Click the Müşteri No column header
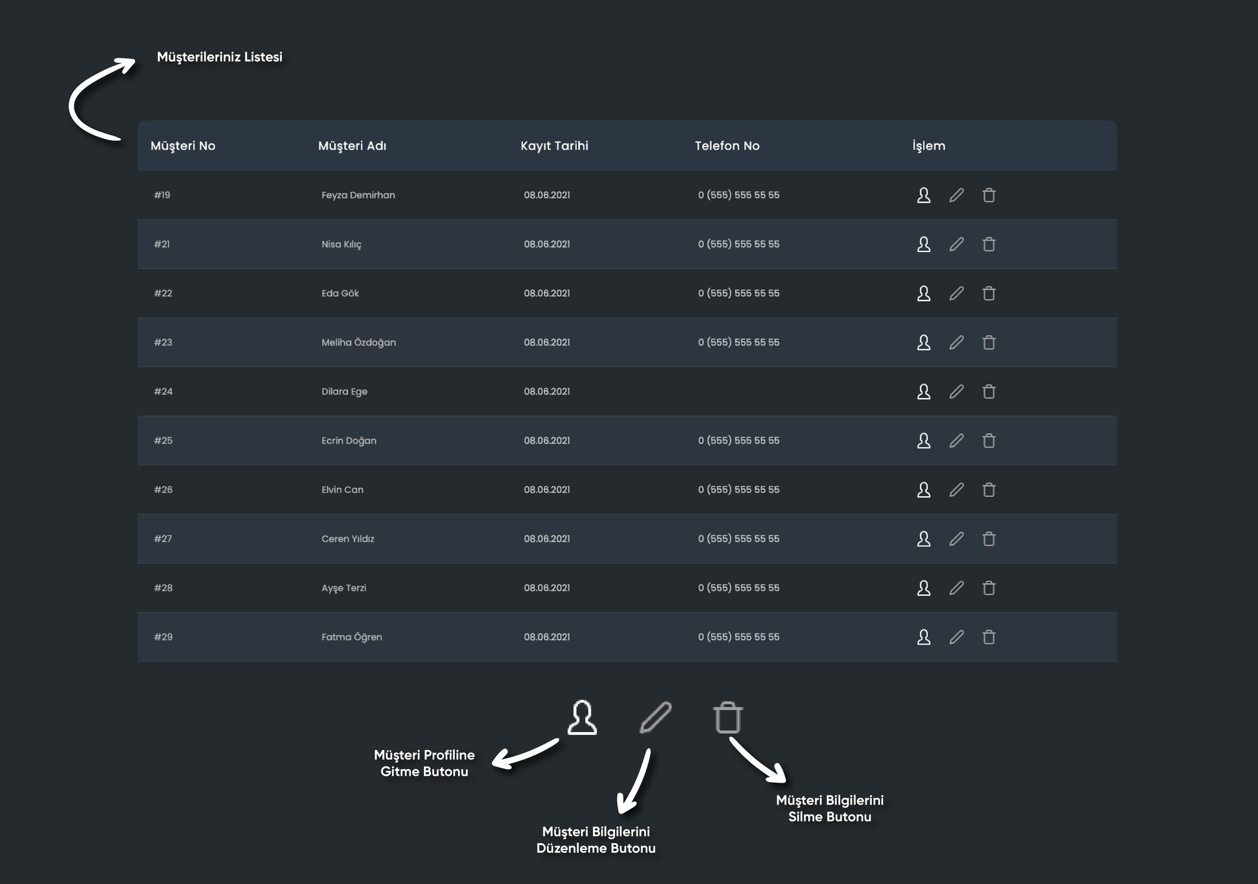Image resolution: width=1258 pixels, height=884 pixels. (182, 146)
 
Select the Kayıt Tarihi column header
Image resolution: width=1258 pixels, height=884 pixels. (554, 146)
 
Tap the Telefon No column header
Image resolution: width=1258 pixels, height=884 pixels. (726, 146)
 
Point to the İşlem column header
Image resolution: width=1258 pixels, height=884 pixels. (928, 146)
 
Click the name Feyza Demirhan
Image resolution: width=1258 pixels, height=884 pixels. (358, 195)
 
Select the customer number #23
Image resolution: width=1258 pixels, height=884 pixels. (163, 342)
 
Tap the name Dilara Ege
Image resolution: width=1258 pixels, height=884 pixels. (344, 392)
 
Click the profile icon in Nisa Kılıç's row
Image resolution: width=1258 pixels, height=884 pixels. (923, 244)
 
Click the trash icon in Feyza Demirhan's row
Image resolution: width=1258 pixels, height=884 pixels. (989, 195)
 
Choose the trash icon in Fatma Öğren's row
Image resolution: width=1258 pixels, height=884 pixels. (989, 637)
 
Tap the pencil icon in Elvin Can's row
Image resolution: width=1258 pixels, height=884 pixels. (956, 490)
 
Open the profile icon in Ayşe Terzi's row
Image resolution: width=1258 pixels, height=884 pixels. (923, 588)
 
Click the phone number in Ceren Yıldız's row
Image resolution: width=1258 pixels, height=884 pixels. (738, 539)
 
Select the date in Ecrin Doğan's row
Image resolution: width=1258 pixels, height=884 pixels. (547, 441)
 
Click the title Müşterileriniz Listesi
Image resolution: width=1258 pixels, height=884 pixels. (220, 57)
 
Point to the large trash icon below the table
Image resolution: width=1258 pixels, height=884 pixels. (728, 717)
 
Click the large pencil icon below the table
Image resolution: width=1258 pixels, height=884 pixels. (655, 717)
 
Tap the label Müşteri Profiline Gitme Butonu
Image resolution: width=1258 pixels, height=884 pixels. (425, 763)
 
